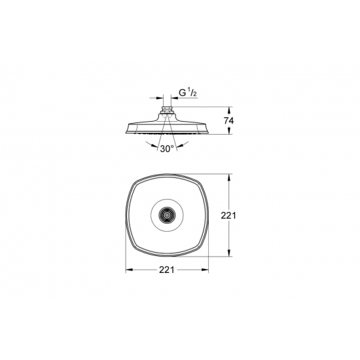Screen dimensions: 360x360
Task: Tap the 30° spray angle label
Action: (x=167, y=150)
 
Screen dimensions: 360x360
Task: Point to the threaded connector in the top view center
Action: (x=168, y=215)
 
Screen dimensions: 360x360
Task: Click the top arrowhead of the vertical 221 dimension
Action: (x=228, y=176)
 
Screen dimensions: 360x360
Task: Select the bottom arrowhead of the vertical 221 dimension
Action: (x=228, y=256)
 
